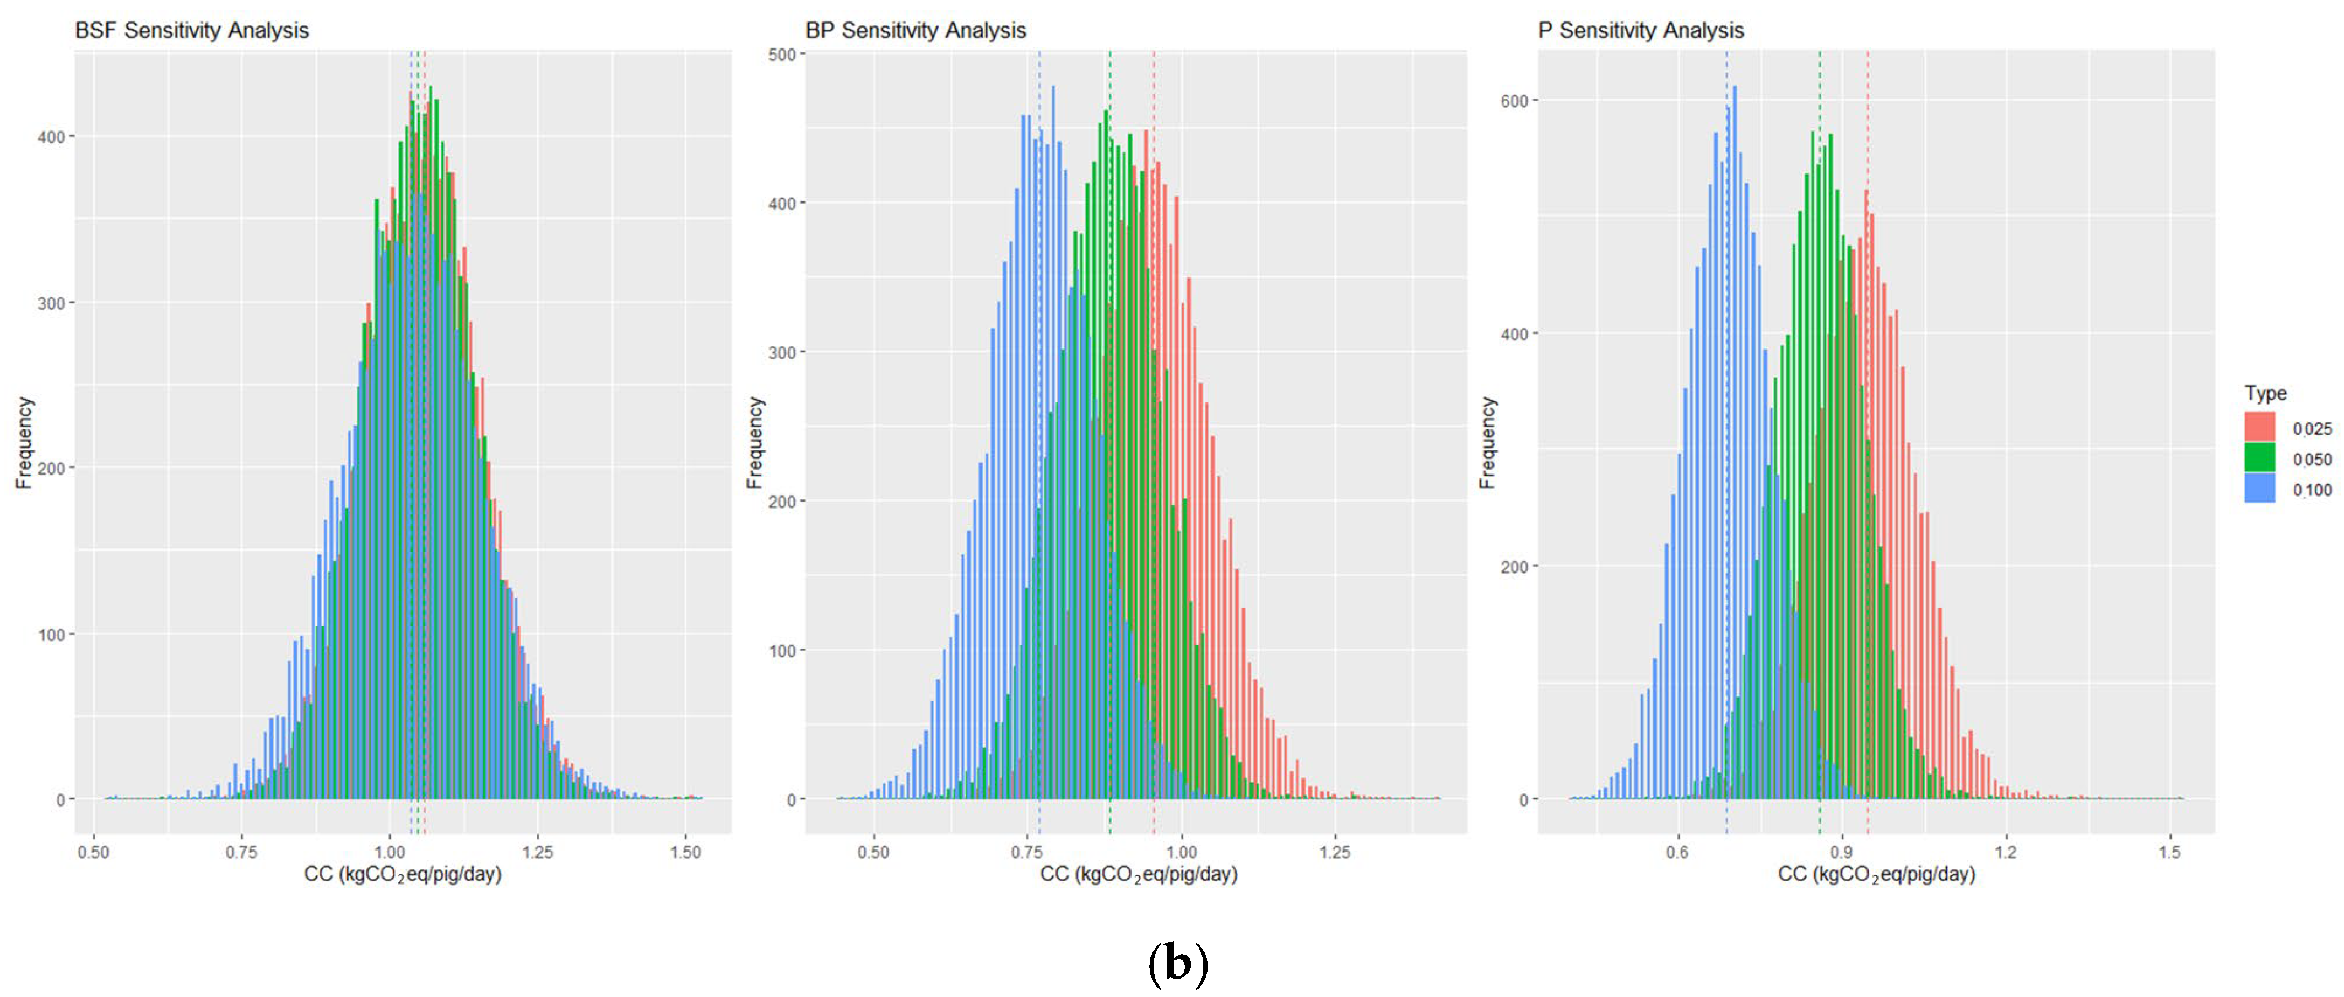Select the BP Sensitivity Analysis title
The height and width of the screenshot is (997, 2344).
[x=916, y=30]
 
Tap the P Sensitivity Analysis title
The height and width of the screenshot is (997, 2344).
[x=1641, y=30]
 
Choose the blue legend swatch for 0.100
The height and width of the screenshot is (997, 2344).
[x=2259, y=488]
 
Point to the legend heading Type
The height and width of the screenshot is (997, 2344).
[x=2265, y=393]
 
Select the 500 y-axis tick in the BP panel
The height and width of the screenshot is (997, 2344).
[x=782, y=55]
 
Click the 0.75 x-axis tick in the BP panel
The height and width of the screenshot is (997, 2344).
[x=1027, y=852]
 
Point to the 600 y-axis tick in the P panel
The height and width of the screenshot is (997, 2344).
[x=1513, y=101]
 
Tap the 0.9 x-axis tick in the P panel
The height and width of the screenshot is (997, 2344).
[x=1842, y=852]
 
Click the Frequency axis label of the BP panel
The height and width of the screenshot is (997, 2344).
[x=754, y=443]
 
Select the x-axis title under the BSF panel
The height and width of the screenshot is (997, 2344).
[x=402, y=874]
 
